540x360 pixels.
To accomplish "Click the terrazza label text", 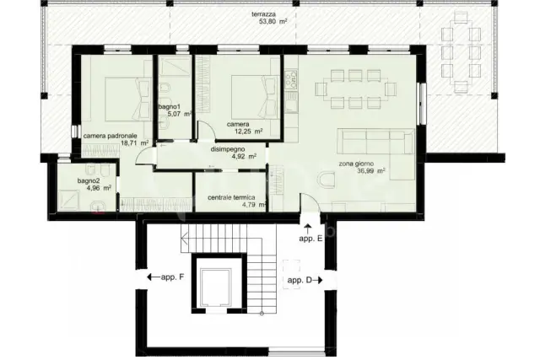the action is tap(263, 14).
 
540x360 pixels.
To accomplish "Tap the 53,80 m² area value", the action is tap(273, 21).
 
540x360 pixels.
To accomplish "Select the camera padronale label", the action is tap(111, 136).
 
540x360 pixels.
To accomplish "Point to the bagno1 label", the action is tap(170, 107).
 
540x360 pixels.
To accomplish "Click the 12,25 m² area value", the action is tap(249, 132).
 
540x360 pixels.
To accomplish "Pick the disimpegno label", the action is tap(228, 149).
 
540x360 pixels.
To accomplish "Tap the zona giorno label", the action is tap(356, 164).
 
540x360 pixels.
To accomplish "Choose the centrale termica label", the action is tap(231, 197).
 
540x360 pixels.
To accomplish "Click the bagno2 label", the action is tap(89, 180).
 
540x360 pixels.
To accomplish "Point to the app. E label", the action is tap(310, 239).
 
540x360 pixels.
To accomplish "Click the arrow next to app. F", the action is tap(153, 277).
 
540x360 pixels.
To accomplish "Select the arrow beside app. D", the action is tap(318, 280).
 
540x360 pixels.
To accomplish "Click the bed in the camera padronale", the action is tap(127, 99).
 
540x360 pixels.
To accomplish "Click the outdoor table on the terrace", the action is tap(461, 51).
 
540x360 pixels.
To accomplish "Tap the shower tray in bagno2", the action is tap(69, 201).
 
